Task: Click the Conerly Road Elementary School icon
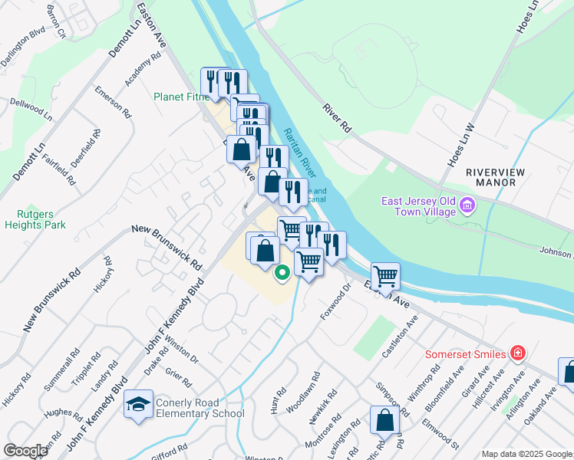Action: [139, 406]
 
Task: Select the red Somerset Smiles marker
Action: [519, 353]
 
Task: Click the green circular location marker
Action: [282, 271]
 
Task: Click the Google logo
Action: [25, 450]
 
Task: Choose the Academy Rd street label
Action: [143, 68]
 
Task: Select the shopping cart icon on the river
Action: [385, 274]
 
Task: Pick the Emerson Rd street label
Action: [111, 101]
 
